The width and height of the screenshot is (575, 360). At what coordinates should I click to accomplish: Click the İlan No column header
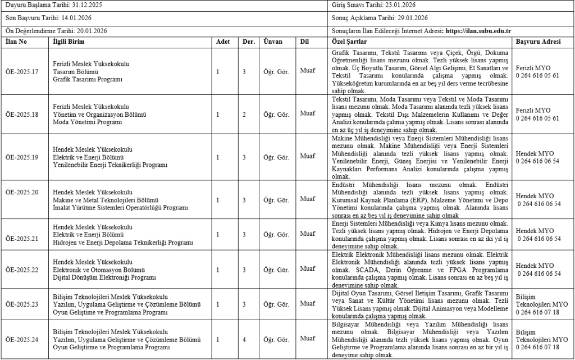tap(16, 42)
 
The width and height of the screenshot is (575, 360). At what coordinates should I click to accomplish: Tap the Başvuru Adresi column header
tap(537, 42)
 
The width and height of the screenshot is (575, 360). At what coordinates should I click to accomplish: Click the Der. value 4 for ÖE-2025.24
tap(244, 339)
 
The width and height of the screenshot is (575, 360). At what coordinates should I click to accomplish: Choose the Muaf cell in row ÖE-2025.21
tap(307, 233)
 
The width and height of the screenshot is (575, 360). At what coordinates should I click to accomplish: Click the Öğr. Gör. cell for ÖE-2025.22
tap(276, 269)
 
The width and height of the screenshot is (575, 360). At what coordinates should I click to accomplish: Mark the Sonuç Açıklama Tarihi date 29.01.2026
tap(412, 18)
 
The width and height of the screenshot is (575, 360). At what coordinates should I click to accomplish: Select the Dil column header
tap(304, 42)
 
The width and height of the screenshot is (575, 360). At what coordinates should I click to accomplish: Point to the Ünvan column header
tap(273, 42)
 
